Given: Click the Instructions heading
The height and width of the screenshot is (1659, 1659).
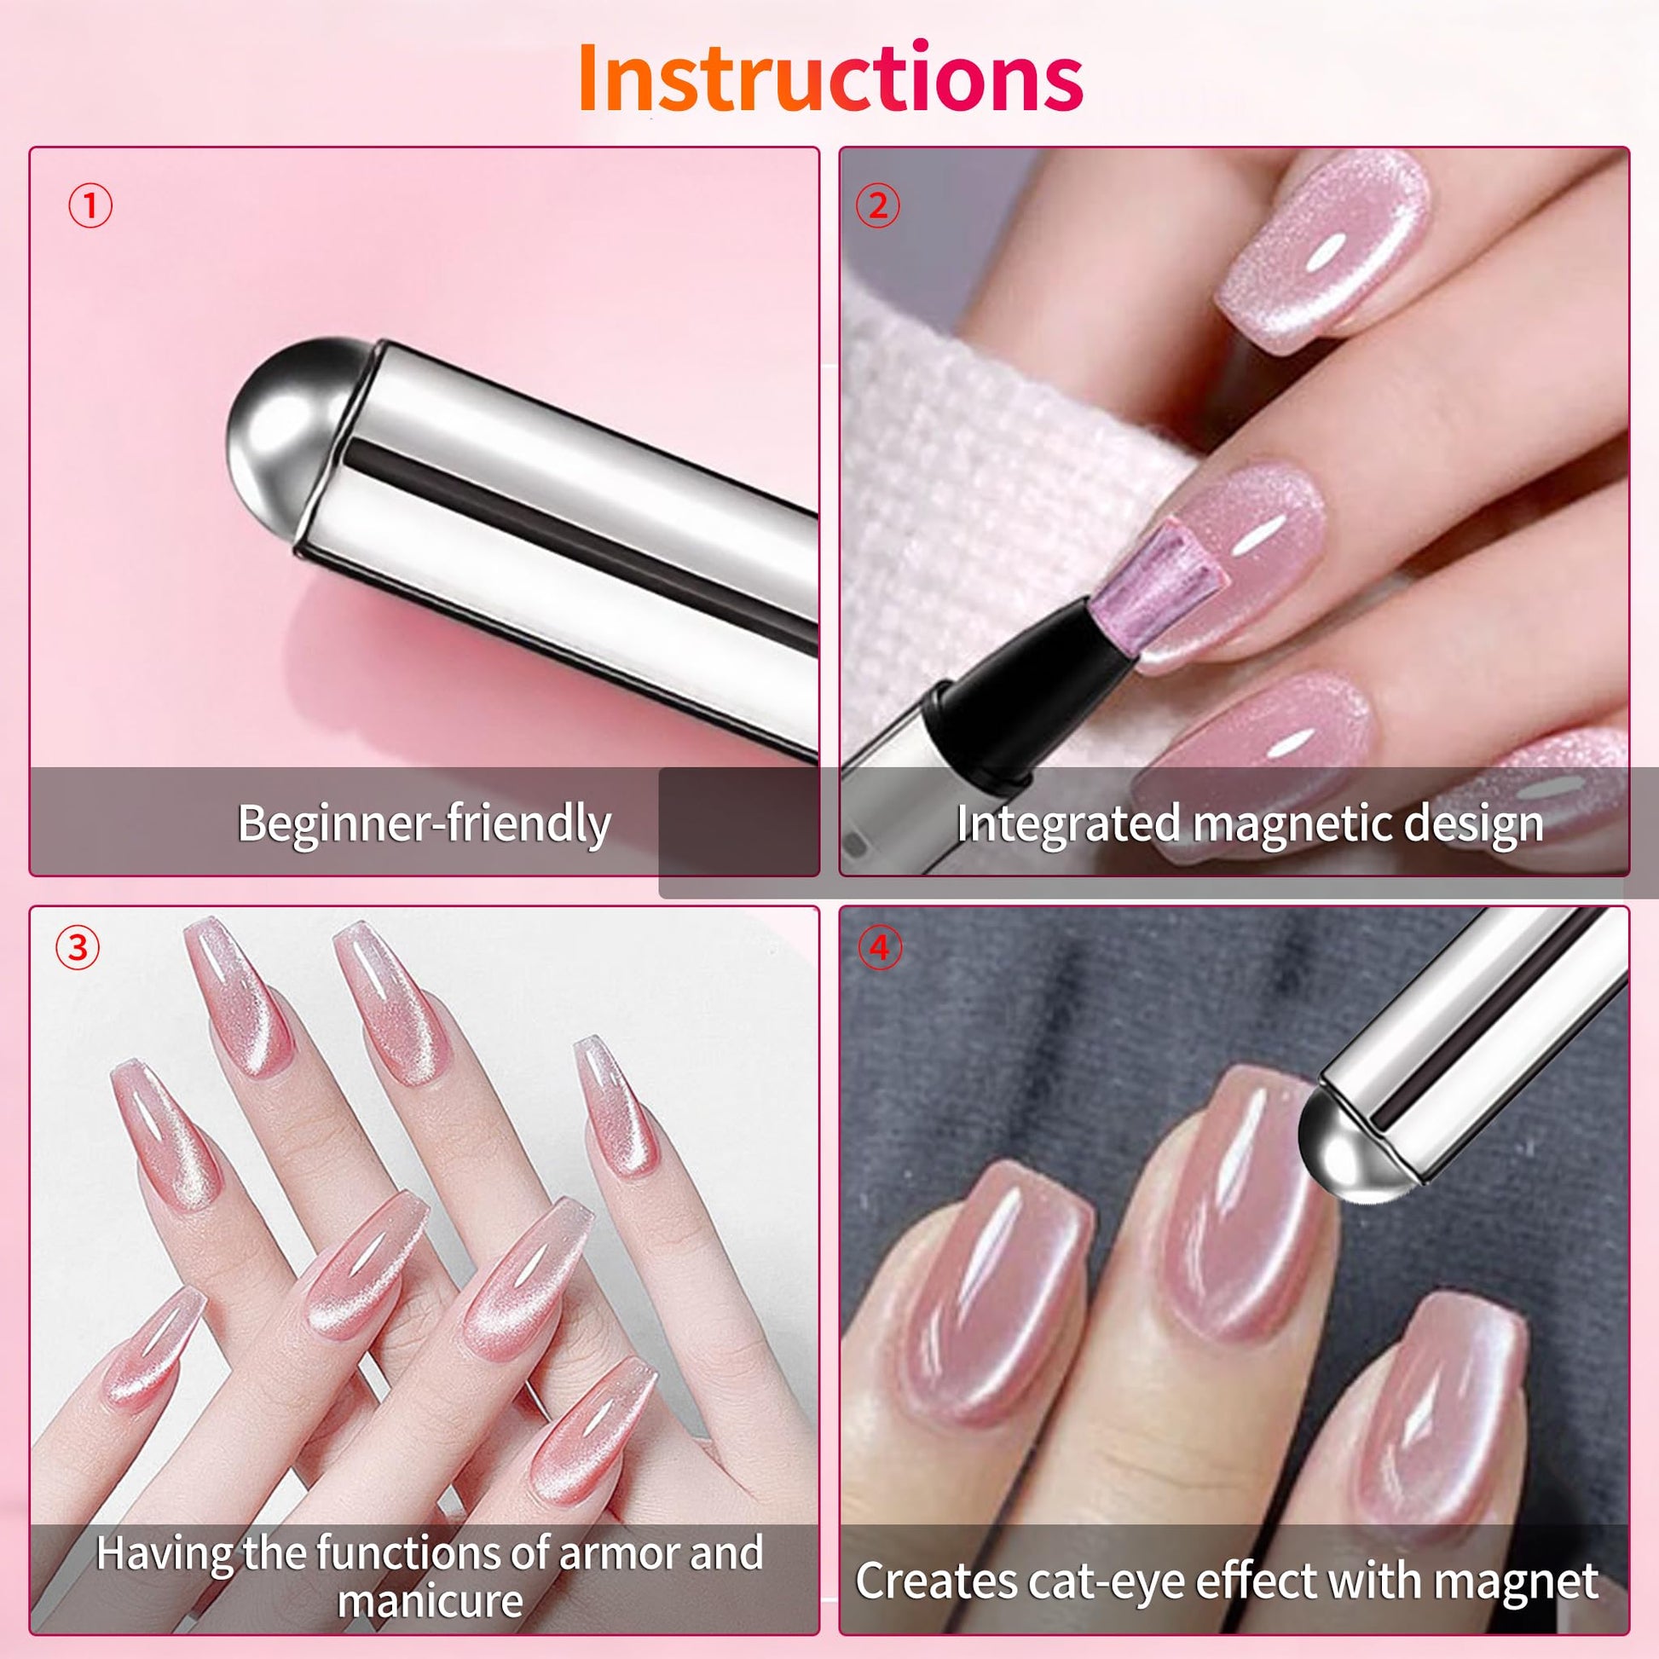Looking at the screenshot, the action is [829, 78].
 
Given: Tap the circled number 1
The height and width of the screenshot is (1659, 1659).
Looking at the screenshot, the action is [90, 206].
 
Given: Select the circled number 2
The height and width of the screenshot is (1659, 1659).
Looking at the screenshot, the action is [877, 206].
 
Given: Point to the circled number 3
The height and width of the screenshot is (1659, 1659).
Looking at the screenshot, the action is [78, 948].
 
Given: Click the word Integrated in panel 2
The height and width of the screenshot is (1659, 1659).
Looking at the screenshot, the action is [1067, 824].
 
